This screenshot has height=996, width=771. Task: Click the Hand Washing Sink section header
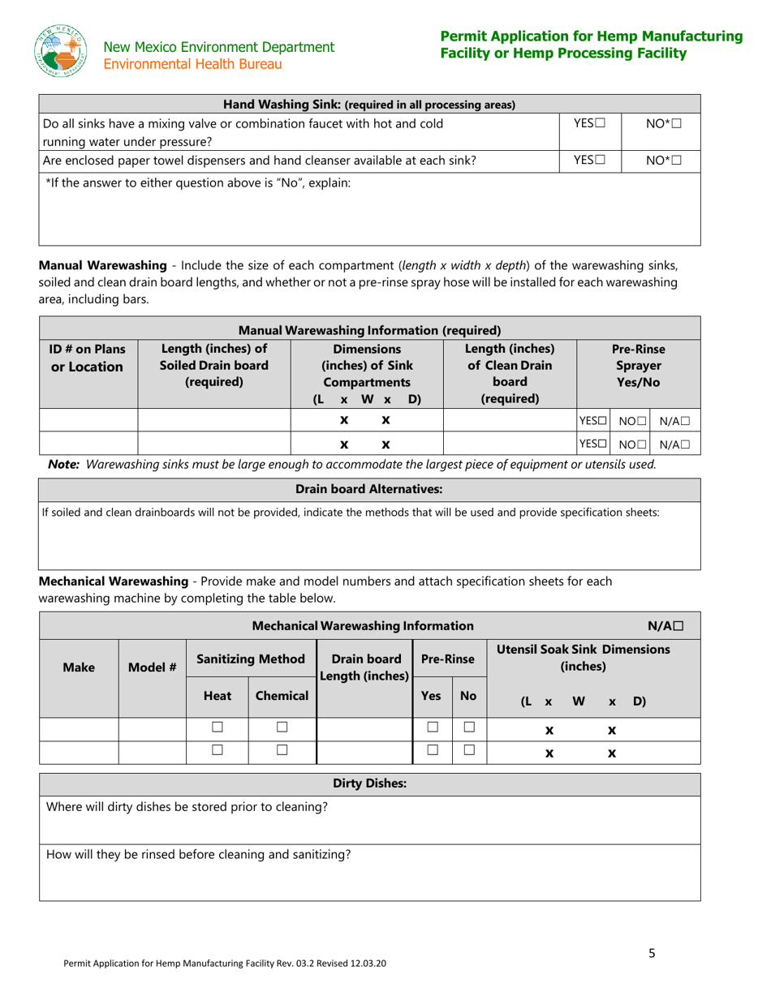tap(369, 105)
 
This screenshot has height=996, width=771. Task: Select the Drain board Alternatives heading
tap(369, 490)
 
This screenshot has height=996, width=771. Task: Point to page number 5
tap(652, 954)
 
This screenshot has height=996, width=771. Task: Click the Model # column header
tap(152, 667)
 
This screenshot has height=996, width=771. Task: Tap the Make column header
tap(79, 667)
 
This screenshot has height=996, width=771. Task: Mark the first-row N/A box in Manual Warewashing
tap(685, 421)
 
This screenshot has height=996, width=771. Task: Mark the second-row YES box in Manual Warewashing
tap(602, 444)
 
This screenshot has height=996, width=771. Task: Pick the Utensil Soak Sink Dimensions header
tap(583, 658)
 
